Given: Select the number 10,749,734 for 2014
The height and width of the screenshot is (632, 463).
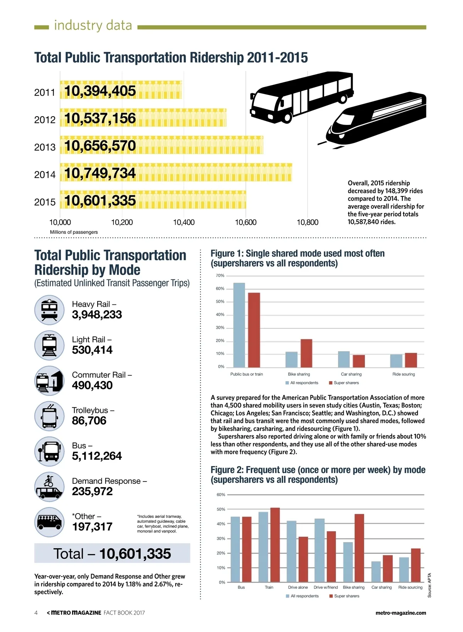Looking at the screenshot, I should coord(100,173).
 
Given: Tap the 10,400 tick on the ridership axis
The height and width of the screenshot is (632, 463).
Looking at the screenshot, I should coord(184,222).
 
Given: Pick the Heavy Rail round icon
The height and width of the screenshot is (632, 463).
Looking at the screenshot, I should coord(49,310).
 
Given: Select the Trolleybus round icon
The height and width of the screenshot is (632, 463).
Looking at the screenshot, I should coord(49,416).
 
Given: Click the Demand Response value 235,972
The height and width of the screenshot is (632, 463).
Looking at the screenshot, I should coord(92,491).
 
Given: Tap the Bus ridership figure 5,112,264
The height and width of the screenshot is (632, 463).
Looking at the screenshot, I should coord(97,456).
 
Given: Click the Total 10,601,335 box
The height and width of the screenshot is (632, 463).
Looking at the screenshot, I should coord(112,553).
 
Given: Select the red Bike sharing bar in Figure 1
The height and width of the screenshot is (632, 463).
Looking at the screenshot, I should coord(306,353).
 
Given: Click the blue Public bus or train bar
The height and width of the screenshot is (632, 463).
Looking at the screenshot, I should coord(239,325).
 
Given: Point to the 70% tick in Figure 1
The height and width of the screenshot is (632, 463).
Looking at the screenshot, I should coord(220,275).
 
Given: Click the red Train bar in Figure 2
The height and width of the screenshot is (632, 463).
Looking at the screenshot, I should coord(275,545).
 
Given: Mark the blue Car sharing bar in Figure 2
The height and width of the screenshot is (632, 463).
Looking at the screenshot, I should coord(376,571).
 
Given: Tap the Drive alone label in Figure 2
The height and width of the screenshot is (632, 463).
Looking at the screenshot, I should coord(298,587).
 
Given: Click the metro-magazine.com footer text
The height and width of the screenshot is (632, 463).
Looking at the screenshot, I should coord(400,613).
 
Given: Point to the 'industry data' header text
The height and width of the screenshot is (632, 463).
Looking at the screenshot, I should coord(93,25).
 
